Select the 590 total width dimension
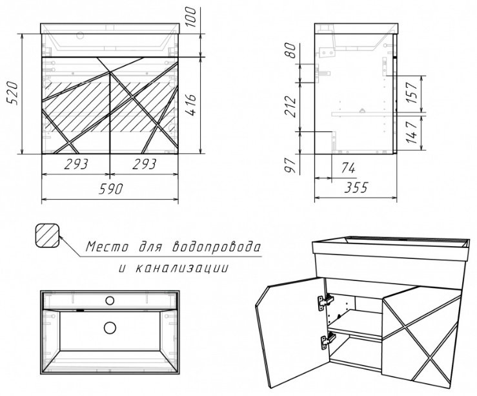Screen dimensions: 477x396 [x=111, y=189]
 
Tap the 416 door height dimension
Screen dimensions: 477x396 [x=191, y=105]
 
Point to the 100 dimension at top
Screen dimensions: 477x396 [x=191, y=17]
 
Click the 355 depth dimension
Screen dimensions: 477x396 [x=356, y=187]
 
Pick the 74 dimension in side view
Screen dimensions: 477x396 [x=348, y=168]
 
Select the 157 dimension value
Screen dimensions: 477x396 [x=412, y=93]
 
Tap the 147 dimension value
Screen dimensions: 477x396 [x=412, y=132]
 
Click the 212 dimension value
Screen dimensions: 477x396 [x=290, y=107]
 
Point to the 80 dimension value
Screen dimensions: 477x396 [x=290, y=50]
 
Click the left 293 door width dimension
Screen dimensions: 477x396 [x=76, y=164]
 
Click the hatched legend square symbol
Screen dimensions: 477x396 [x=47, y=235]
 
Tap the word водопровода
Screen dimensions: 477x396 [x=216, y=247]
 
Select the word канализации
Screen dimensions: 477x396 [x=181, y=268]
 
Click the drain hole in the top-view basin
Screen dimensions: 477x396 [x=110, y=328]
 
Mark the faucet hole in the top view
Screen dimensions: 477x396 [x=110, y=300]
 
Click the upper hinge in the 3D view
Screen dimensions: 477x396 [x=325, y=302]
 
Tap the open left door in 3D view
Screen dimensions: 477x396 [x=292, y=333]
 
